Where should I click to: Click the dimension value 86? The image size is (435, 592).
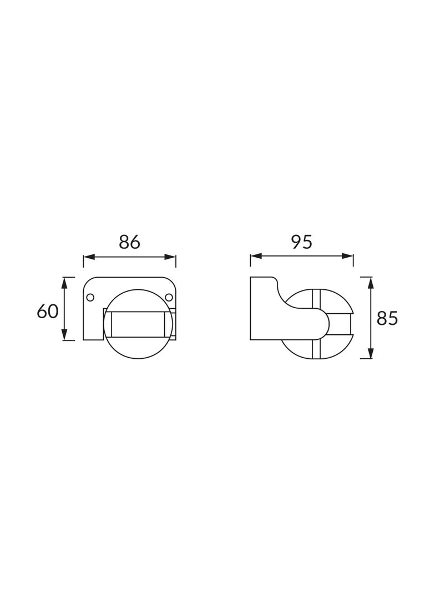tap(129, 242)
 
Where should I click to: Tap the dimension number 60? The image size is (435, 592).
tap(48, 312)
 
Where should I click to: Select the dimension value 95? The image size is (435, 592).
tap(302, 242)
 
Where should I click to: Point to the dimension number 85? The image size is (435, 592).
tap(387, 319)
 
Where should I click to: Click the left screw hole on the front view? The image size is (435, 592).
tap(90, 298)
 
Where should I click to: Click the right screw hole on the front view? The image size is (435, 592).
tap(169, 298)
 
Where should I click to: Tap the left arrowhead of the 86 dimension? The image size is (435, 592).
tap(88, 257)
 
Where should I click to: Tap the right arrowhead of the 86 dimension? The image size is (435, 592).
tap(170, 257)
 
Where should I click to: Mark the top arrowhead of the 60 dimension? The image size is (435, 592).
tap(64, 283)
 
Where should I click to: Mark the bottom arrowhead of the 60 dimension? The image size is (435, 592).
tap(64, 334)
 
